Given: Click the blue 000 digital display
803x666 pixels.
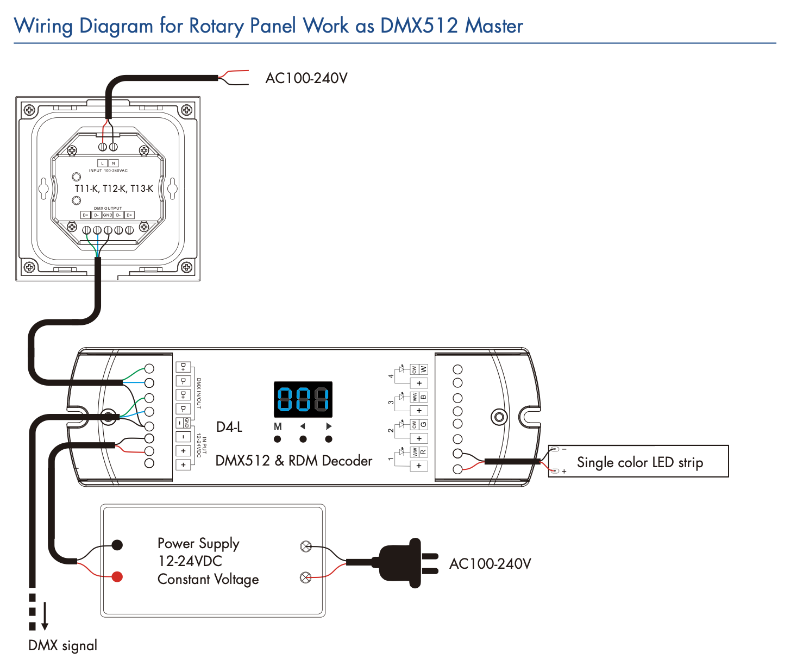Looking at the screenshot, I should point(303,399).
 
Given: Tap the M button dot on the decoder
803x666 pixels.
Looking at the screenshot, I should point(278,439).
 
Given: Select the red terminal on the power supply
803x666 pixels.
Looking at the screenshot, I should point(117,576).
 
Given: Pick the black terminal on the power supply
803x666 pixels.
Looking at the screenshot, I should point(117,545).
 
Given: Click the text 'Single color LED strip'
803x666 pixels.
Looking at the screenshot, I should point(639,462).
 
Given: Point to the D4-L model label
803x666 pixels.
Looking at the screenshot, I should point(229,427).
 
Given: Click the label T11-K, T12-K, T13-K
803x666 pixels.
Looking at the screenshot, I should point(114,189).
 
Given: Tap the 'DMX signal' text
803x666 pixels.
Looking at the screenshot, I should point(63,645).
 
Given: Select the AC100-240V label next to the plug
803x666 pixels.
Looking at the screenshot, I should point(490,564).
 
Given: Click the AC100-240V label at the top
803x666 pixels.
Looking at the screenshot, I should point(306,78).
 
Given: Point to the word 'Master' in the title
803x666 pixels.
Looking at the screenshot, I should point(494,26).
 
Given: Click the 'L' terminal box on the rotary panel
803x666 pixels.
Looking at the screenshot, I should point(102,163).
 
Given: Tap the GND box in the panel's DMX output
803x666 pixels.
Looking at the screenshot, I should point(108,215).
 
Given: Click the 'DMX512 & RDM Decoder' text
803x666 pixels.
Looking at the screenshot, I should point(294,461).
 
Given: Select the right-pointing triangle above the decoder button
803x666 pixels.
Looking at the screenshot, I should point(329,426).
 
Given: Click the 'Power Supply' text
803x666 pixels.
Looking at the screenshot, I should point(198,543).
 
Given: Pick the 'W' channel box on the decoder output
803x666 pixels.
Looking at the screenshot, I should point(423,369).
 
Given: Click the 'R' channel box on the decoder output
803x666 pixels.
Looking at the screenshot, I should point(423,452).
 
